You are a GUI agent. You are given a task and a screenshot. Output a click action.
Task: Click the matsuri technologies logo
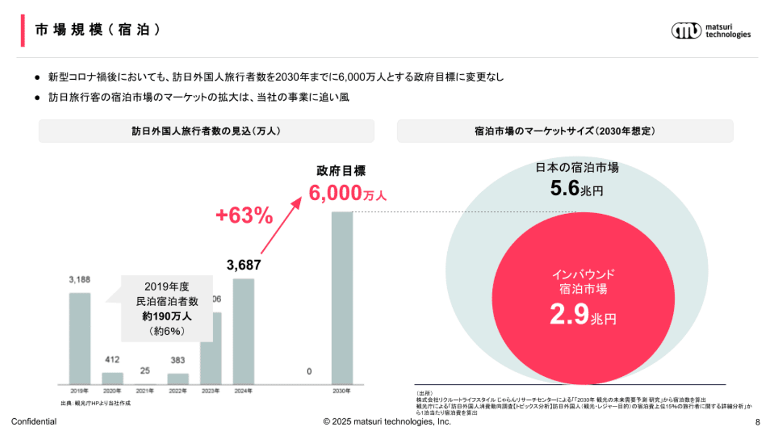pos(710,30)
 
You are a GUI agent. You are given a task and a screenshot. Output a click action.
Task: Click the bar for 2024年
pos(243,331)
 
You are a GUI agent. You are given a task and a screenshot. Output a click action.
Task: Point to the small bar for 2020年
pos(112,378)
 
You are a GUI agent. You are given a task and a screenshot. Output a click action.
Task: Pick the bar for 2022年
pos(178,378)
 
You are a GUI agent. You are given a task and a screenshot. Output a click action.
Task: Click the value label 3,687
pos(243,265)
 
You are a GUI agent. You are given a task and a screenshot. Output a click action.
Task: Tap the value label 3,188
pos(80,279)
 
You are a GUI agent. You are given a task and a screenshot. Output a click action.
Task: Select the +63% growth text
pos(244,216)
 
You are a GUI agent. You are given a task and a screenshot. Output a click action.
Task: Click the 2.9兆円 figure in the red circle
pos(583,316)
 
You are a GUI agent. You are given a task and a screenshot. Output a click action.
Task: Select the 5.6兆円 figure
pos(576,188)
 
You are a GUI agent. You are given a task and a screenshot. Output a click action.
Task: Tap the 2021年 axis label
pos(145,391)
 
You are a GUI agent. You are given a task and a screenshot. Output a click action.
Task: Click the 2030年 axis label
pos(342,391)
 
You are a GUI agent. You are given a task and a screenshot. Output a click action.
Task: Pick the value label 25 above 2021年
pos(145,370)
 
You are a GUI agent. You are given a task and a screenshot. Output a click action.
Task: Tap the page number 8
pos(758,422)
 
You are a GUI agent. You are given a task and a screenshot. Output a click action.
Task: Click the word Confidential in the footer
pos(34,422)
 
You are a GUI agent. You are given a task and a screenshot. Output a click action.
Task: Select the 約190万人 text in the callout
pos(167,317)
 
